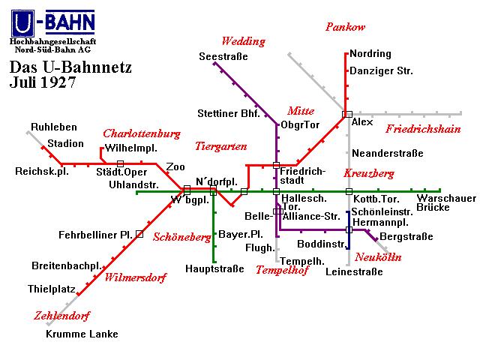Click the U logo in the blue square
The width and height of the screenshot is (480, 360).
tap(22, 23)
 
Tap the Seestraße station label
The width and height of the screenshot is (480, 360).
tap(223, 57)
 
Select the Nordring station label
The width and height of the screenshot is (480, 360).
tap(370, 54)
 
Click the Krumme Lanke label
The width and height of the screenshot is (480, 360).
tap(82, 334)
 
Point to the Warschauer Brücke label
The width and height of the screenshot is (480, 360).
tap(446, 202)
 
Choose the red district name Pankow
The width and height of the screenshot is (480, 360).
tap(345, 27)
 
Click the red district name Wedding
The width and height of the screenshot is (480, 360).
tap(243, 41)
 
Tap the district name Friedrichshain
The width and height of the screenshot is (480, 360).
tap(423, 129)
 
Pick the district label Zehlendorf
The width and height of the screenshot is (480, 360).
tap(62, 316)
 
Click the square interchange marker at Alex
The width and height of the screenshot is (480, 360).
tap(347, 114)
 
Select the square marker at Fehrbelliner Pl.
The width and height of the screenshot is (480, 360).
tap(139, 234)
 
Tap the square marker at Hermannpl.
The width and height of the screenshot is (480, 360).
tap(349, 229)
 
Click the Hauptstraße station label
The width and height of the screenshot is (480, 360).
tap(214, 268)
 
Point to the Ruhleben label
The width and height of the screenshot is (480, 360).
tap(54, 127)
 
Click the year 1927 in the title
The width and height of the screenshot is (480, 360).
tap(58, 82)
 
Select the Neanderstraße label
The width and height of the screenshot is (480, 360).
tap(388, 153)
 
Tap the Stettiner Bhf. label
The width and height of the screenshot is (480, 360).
tap(228, 113)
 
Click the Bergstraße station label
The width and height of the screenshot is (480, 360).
tap(406, 237)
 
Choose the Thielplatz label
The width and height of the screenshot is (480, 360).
tap(52, 289)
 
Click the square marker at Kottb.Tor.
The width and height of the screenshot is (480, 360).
tap(349, 192)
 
